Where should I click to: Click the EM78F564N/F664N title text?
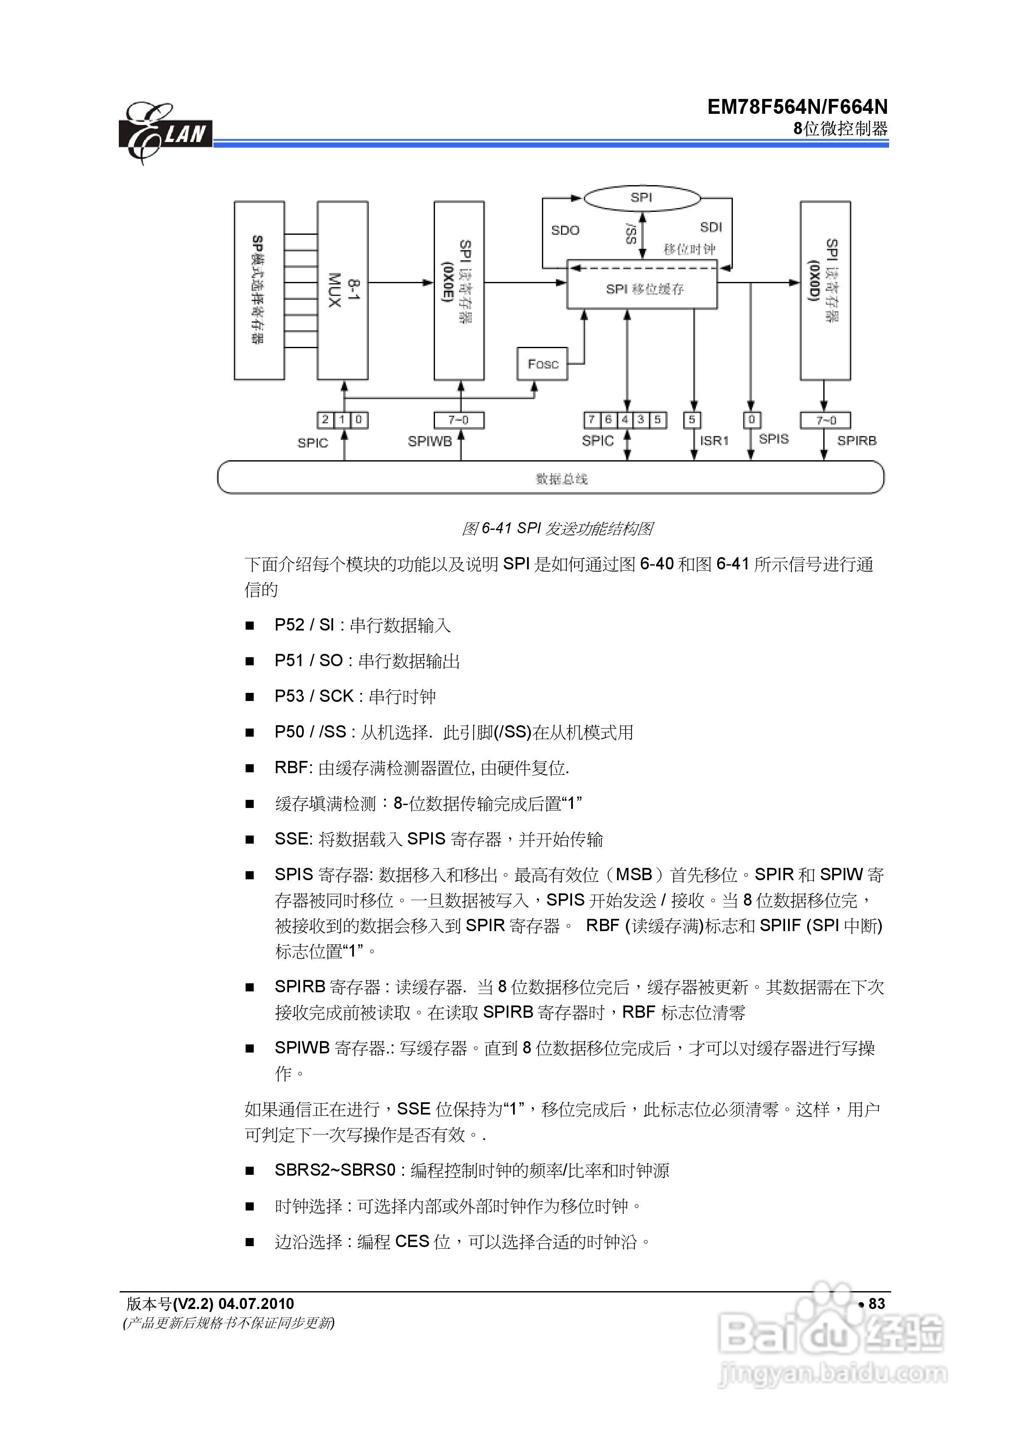pos(797,107)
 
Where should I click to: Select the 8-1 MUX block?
pos(342,290)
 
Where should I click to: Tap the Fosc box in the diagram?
pos(542,364)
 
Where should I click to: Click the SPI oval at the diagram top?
pos(641,198)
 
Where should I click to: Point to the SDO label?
pos(565,231)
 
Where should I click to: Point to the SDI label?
pos(710,227)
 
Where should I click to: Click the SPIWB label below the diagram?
pos(429,442)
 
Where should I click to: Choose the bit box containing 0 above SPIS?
pos(751,420)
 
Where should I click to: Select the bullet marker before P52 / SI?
pos(250,626)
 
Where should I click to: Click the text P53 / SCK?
pos(314,696)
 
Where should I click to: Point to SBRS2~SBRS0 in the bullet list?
pos(335,1170)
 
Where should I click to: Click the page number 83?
pos(876,1303)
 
